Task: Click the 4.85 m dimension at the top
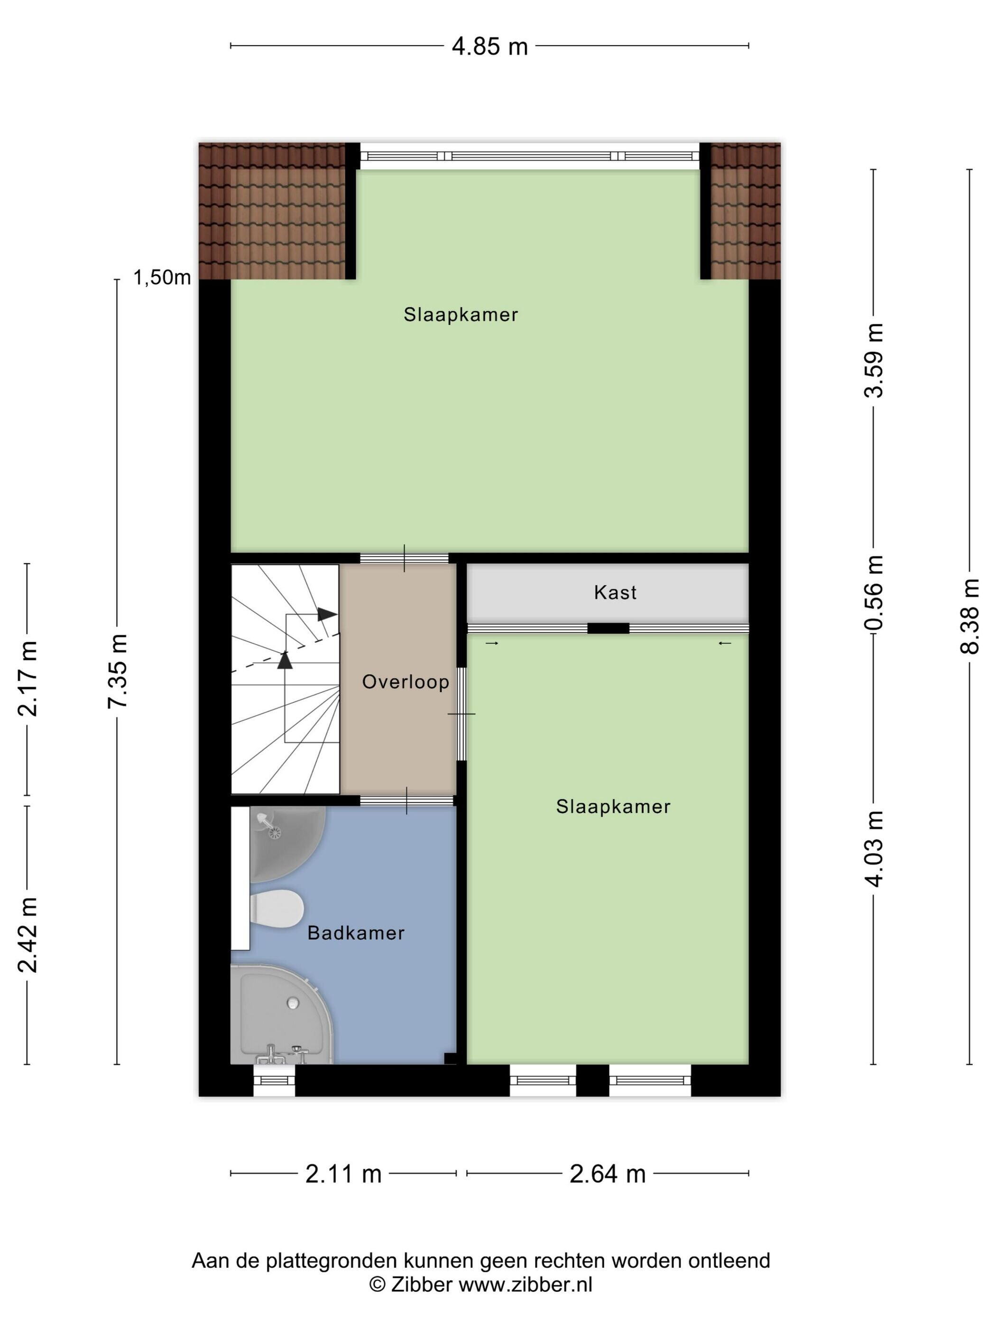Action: pos(489,46)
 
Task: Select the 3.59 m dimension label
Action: pos(874,360)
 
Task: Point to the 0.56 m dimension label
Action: pos(874,592)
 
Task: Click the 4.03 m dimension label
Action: pos(874,848)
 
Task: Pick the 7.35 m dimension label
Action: pos(118,671)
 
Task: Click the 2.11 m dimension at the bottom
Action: pos(343,1174)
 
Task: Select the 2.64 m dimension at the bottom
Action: pos(608,1174)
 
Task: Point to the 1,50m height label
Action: pos(162,277)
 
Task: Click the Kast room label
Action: pos(615,592)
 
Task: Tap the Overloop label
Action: pos(405,682)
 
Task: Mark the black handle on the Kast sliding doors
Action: pos(608,628)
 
